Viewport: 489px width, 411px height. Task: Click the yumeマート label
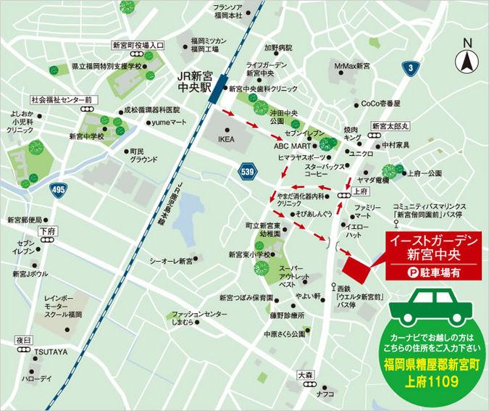168,123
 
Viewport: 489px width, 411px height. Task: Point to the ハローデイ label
37,378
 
